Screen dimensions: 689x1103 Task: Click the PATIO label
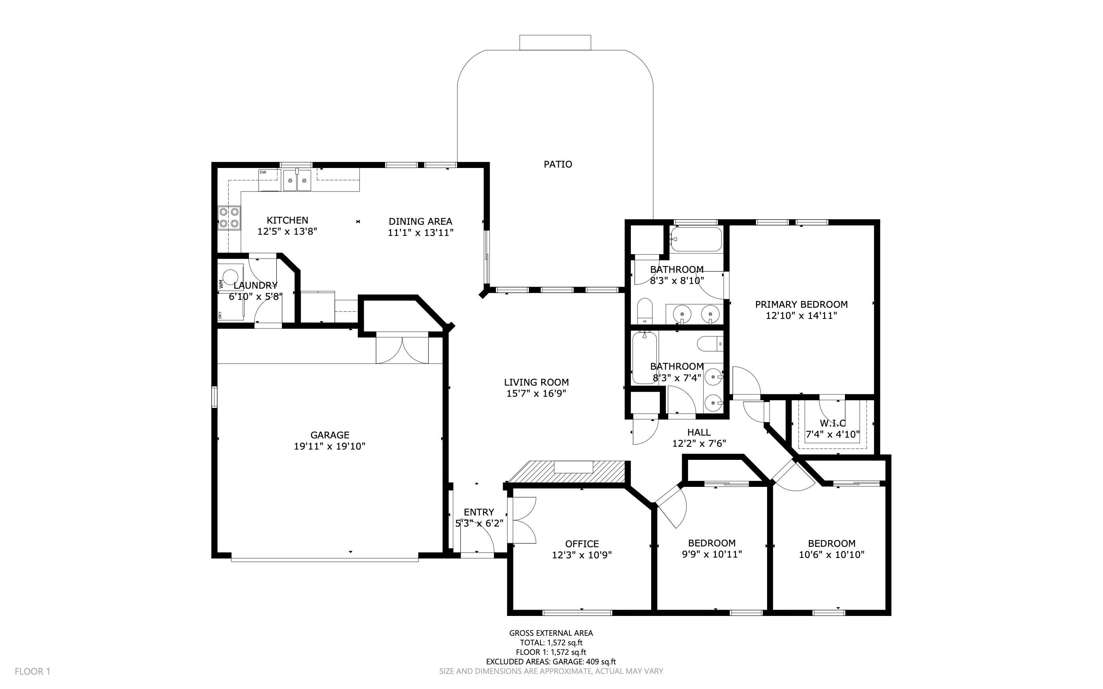tap(557, 164)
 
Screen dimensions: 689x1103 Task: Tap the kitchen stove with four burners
tap(229, 218)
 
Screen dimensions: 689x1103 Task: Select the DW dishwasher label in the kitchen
tap(263, 172)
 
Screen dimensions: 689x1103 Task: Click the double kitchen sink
tap(297, 180)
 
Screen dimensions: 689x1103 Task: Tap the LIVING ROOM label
tap(536, 382)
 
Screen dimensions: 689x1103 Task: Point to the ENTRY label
tap(478, 512)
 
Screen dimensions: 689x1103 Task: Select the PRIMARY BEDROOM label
tap(801, 305)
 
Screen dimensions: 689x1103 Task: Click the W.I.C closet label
tap(832, 423)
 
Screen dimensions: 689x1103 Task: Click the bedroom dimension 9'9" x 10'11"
tap(712, 554)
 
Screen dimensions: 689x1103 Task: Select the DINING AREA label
tap(420, 222)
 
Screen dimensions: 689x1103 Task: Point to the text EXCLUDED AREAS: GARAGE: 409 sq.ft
tap(550, 662)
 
